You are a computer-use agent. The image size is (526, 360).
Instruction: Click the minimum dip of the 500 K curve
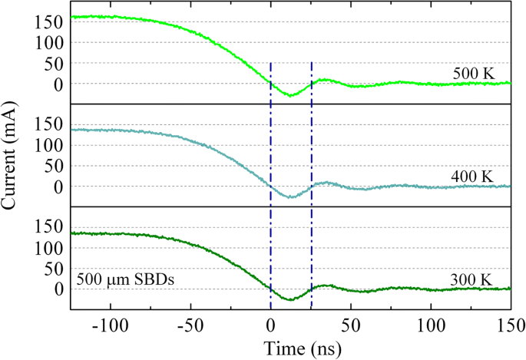point(289,95)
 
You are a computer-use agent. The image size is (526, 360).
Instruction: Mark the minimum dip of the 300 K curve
point(289,299)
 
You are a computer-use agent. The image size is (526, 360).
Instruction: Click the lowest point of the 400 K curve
point(289,197)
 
